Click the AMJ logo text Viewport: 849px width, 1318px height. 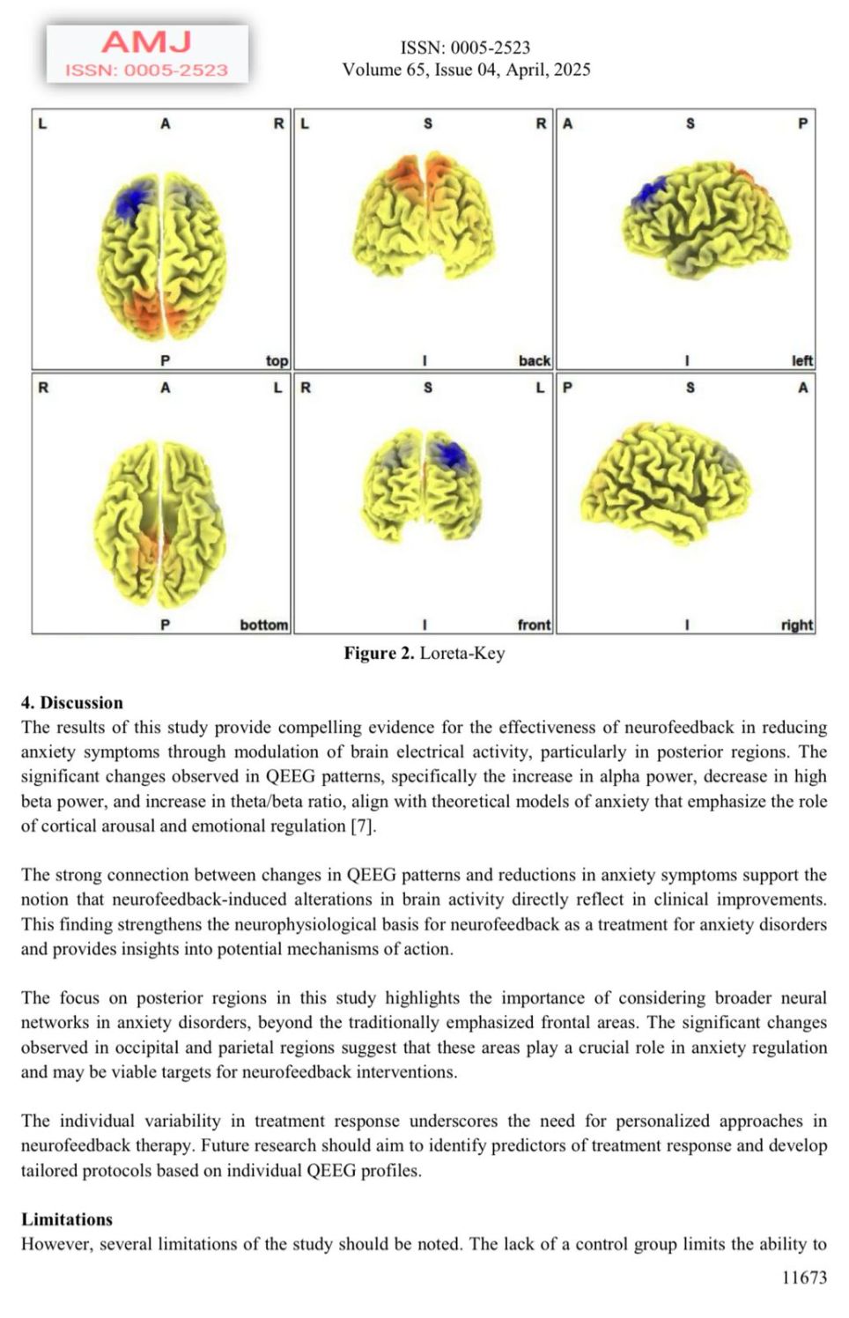(x=146, y=41)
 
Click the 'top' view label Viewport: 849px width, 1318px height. (x=277, y=360)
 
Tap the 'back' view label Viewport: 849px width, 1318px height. (x=534, y=360)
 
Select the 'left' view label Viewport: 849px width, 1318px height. (x=801, y=360)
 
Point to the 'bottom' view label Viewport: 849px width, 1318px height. (x=263, y=625)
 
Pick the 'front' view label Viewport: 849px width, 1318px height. (x=534, y=625)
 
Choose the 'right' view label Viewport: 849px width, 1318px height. (x=796, y=625)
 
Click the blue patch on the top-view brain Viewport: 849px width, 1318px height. (x=133, y=199)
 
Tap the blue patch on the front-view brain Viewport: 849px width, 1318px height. (x=451, y=454)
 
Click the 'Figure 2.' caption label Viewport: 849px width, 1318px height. (x=379, y=653)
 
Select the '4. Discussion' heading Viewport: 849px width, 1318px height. (x=72, y=702)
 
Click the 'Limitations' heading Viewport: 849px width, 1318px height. (x=67, y=1219)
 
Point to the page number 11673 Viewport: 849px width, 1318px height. (x=804, y=1277)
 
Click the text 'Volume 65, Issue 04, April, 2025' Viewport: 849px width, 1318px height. (x=466, y=70)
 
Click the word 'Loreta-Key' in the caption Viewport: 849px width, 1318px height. (x=462, y=653)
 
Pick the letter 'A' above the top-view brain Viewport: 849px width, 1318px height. (x=165, y=124)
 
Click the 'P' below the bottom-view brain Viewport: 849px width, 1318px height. (x=165, y=625)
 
